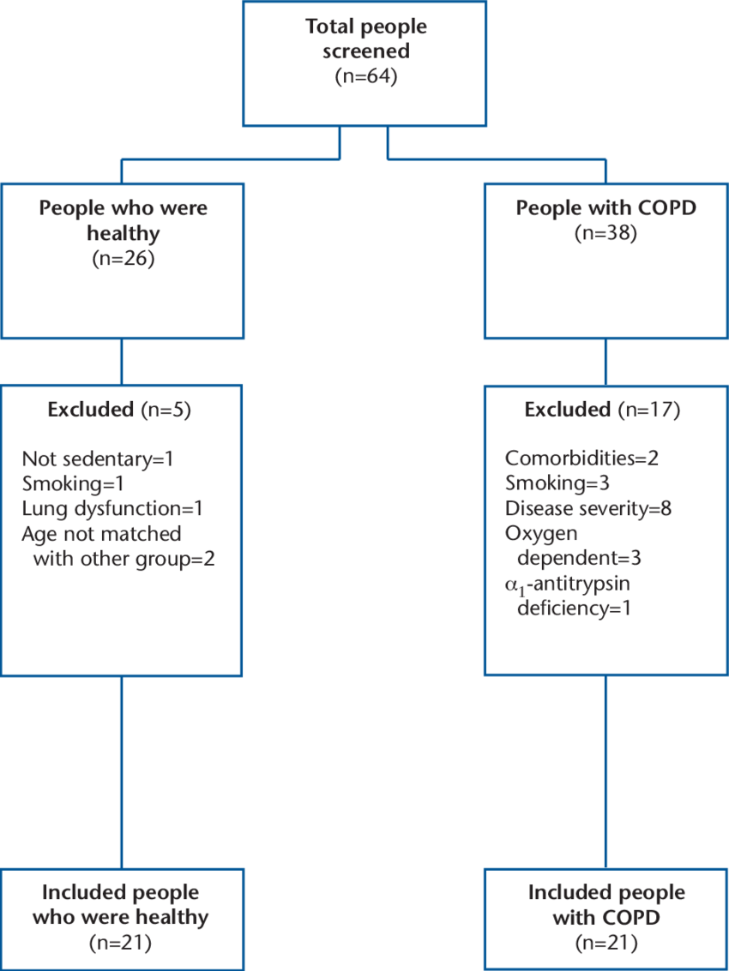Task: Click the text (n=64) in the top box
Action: pos(367,76)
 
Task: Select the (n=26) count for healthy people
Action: pos(123,259)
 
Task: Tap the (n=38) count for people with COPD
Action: pos(606,233)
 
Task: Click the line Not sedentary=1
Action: pos(98,459)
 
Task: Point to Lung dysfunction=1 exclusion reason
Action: pos(112,509)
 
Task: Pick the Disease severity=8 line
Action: pos(588,508)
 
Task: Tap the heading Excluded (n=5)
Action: pos(119,410)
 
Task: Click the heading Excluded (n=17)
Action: pos(603,410)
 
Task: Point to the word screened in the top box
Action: pos(366,52)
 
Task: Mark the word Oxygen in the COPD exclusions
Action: pos(541,533)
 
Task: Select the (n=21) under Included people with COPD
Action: pos(606,944)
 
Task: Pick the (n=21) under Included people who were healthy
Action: pos(121,944)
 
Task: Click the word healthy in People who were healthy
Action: pos(122,233)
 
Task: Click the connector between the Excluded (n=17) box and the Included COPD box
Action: pos(606,771)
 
